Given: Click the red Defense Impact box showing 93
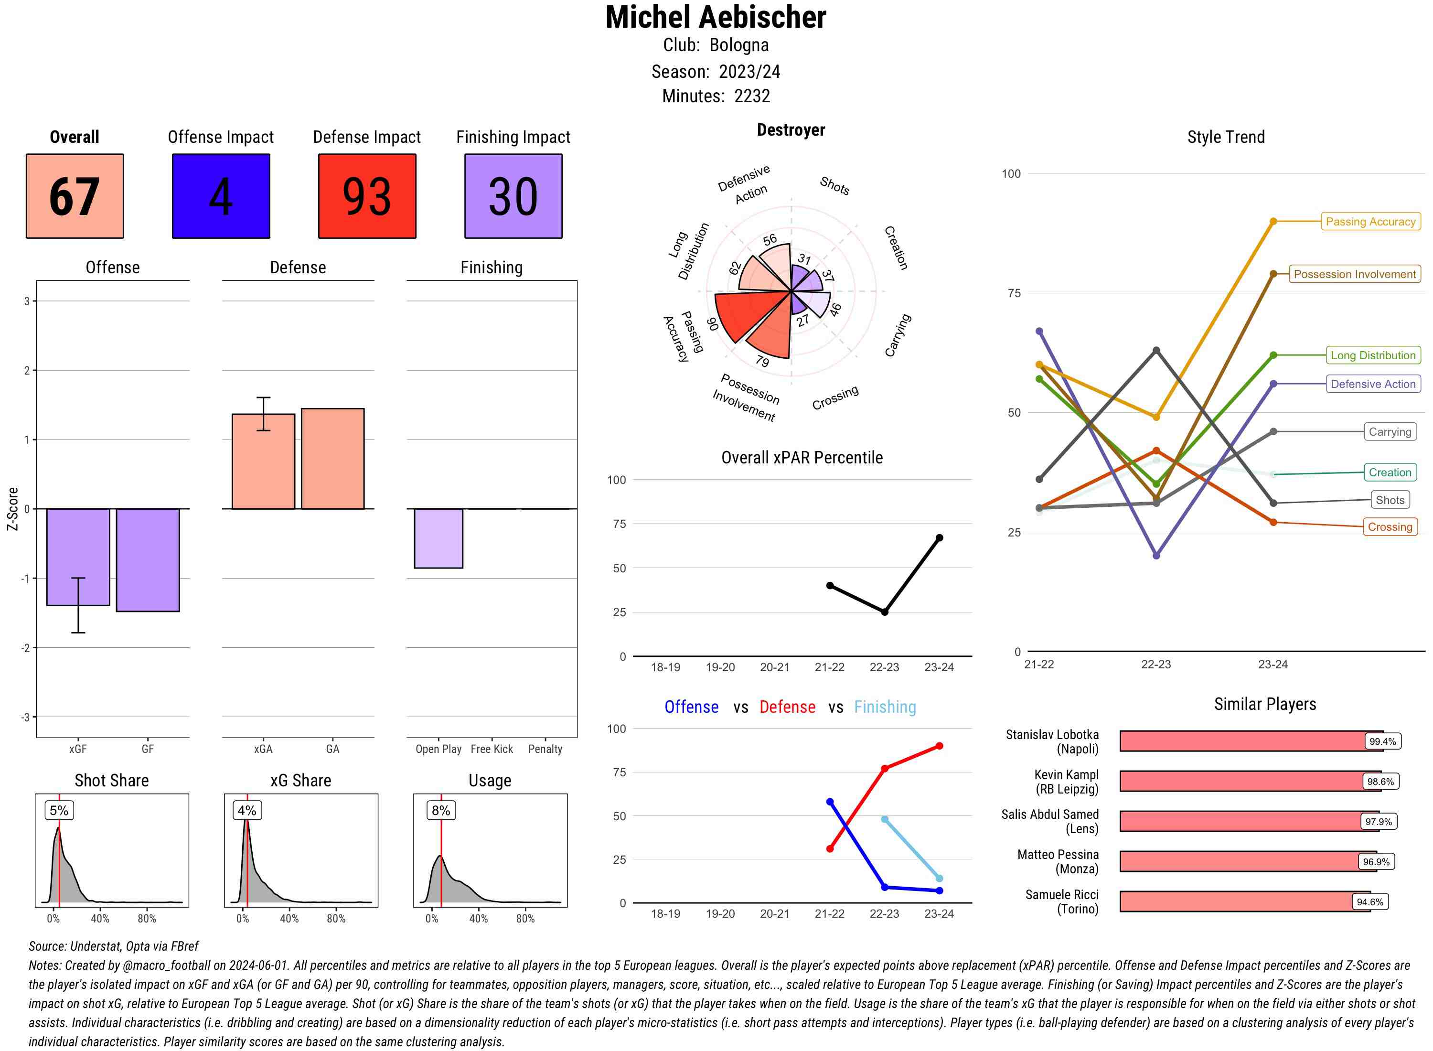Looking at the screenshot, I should tap(367, 196).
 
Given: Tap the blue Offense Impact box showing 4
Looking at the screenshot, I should tap(221, 196).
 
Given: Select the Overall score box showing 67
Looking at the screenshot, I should tap(75, 196).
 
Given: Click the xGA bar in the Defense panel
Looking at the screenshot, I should tap(263, 461).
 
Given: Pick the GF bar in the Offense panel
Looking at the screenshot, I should tap(148, 560).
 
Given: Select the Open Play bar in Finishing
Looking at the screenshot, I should tap(438, 538).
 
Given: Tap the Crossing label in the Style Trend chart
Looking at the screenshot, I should tap(1390, 527).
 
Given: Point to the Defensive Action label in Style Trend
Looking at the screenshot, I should tap(1373, 384).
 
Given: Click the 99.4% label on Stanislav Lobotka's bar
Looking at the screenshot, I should tap(1382, 741).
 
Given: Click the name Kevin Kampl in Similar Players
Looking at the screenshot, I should tap(1066, 775).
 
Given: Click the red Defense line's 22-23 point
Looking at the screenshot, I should tap(884, 769).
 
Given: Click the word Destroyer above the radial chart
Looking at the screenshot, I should tap(791, 130).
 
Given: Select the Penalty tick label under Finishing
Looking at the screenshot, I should tap(545, 749).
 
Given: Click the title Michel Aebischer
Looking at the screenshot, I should tap(716, 18).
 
